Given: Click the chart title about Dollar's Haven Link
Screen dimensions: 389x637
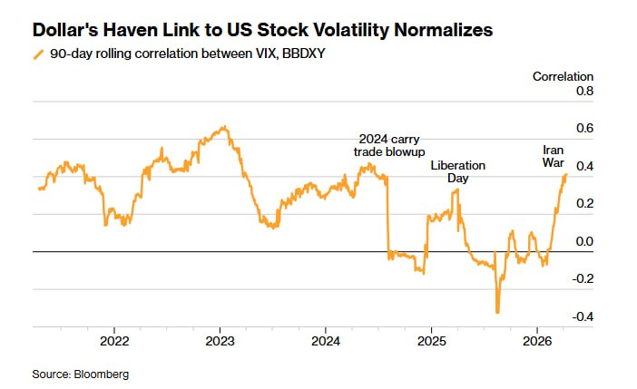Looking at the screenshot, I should point(262,30).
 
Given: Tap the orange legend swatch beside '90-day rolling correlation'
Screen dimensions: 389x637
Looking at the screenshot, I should point(37,54).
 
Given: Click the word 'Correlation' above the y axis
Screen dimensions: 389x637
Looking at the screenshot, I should point(563,77).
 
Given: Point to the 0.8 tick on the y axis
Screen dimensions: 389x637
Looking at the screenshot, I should point(584,92).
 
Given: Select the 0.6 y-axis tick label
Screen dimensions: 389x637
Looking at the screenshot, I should point(584,129).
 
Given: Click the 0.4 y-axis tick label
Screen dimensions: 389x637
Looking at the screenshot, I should point(584,167).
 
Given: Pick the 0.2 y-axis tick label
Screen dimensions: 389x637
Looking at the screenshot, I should point(584,204).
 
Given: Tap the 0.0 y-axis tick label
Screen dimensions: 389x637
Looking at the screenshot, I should point(584,242).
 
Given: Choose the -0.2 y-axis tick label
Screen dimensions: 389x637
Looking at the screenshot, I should point(583,279).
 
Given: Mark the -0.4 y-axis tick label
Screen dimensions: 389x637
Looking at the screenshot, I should point(583,316).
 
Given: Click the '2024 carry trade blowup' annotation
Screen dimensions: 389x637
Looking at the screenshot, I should point(389,145).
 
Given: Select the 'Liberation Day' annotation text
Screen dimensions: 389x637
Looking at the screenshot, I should point(457,172).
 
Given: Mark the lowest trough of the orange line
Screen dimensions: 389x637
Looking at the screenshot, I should point(497,313).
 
